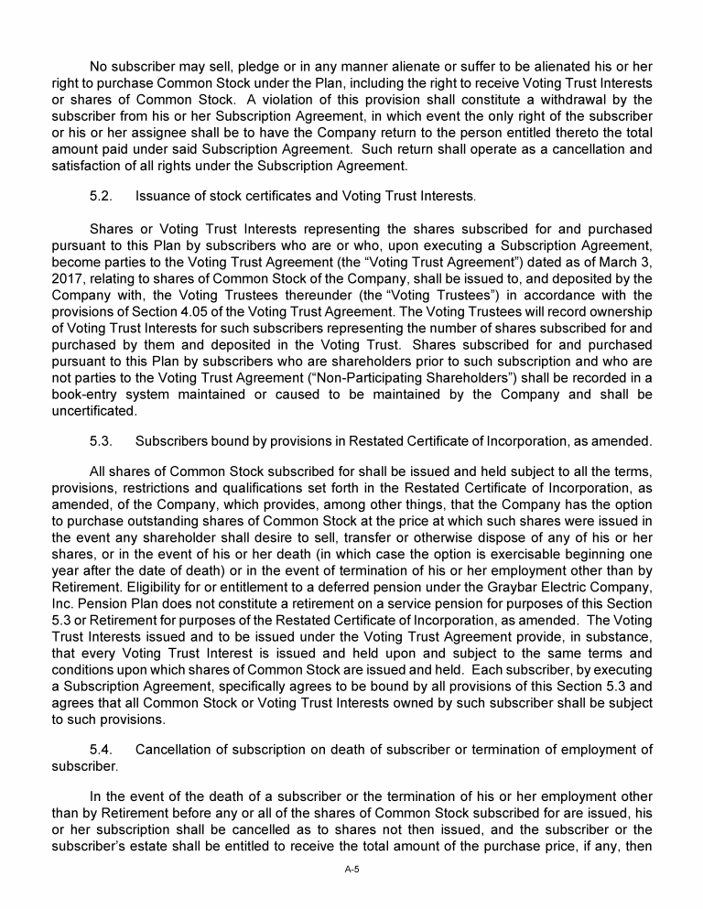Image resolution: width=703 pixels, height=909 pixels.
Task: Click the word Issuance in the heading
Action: point(167,196)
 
